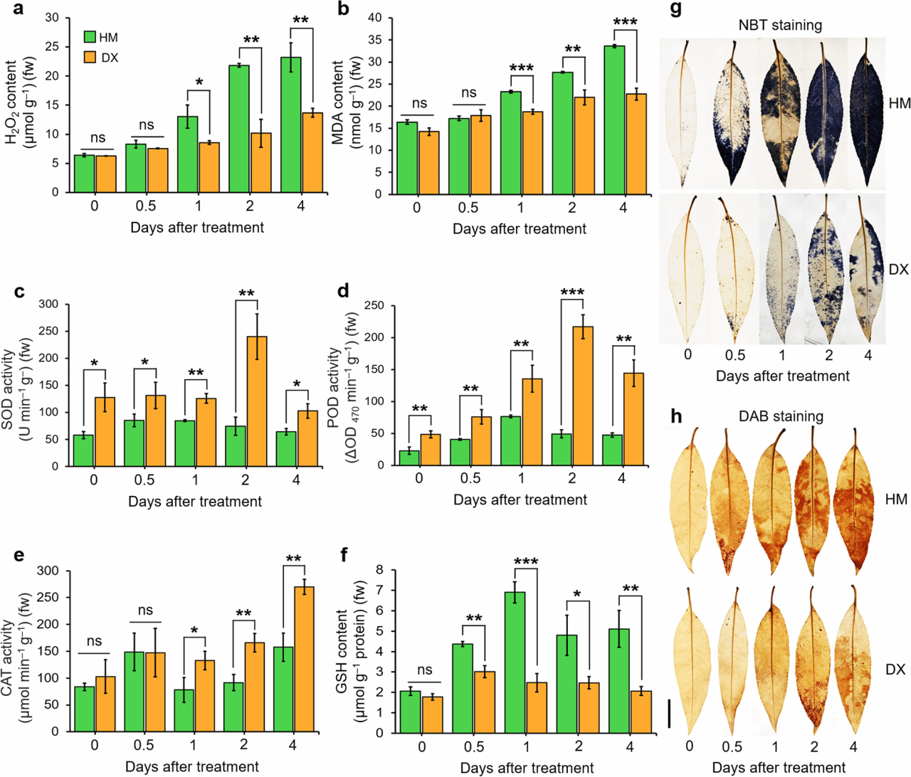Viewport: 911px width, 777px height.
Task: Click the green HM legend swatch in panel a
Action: (x=90, y=37)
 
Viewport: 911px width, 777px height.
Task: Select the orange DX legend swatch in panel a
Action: (x=90, y=57)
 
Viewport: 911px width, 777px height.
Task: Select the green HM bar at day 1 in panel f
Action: (x=515, y=662)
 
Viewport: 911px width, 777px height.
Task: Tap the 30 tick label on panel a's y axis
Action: (x=52, y=17)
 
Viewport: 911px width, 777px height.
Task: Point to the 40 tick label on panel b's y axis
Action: (x=374, y=18)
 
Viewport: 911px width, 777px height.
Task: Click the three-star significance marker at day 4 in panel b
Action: (x=625, y=22)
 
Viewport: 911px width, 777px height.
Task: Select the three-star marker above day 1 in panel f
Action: (x=525, y=562)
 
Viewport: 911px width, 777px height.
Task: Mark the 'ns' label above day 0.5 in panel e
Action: (x=145, y=610)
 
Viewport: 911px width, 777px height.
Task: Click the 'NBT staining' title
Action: (x=780, y=26)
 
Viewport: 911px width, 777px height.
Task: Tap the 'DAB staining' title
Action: (x=782, y=416)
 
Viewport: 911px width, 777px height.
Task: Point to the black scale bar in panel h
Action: (x=670, y=713)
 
